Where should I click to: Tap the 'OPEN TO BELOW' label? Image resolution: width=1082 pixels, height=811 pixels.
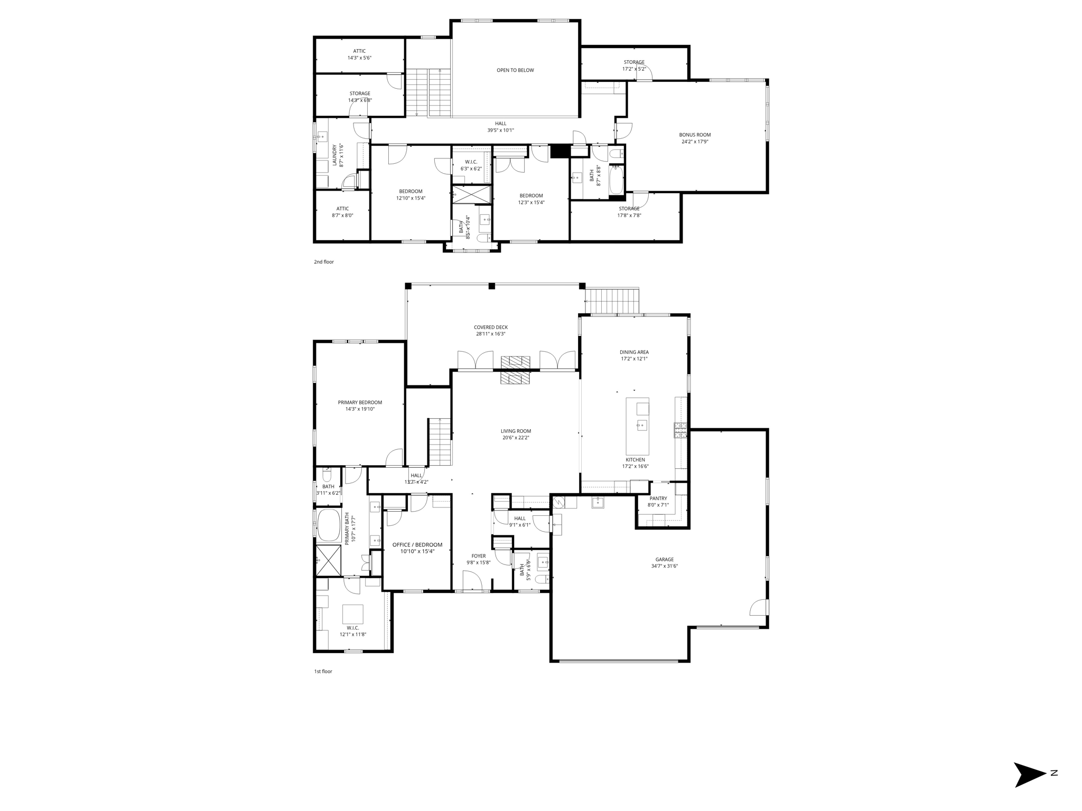(515, 70)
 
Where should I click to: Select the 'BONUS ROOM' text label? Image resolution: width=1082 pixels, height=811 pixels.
(695, 135)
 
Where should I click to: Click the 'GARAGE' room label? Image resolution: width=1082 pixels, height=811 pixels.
(665, 560)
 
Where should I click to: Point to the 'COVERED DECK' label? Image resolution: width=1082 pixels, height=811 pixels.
(491, 327)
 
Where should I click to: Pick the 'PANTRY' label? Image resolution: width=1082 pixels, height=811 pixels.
(658, 498)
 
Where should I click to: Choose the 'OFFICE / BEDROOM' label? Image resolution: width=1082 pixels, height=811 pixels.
(417, 545)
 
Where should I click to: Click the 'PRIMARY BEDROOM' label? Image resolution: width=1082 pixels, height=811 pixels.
(360, 402)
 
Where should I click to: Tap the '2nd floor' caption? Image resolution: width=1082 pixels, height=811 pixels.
(324, 262)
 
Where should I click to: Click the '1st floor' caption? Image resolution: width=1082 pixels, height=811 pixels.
(323, 672)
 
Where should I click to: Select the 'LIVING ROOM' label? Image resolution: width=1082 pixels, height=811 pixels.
(516, 431)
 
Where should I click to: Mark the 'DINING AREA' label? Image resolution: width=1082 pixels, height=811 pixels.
(634, 352)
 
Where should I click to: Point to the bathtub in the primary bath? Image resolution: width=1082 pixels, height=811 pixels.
(329, 525)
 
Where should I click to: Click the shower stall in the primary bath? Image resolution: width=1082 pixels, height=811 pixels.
(329, 560)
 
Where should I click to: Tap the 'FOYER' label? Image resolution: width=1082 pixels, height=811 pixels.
(479, 556)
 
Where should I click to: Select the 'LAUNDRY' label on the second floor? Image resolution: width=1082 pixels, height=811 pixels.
(334, 155)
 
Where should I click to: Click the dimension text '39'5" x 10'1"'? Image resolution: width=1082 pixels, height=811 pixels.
(500, 130)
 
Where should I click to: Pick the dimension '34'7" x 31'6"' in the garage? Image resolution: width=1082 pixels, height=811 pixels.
(665, 567)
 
